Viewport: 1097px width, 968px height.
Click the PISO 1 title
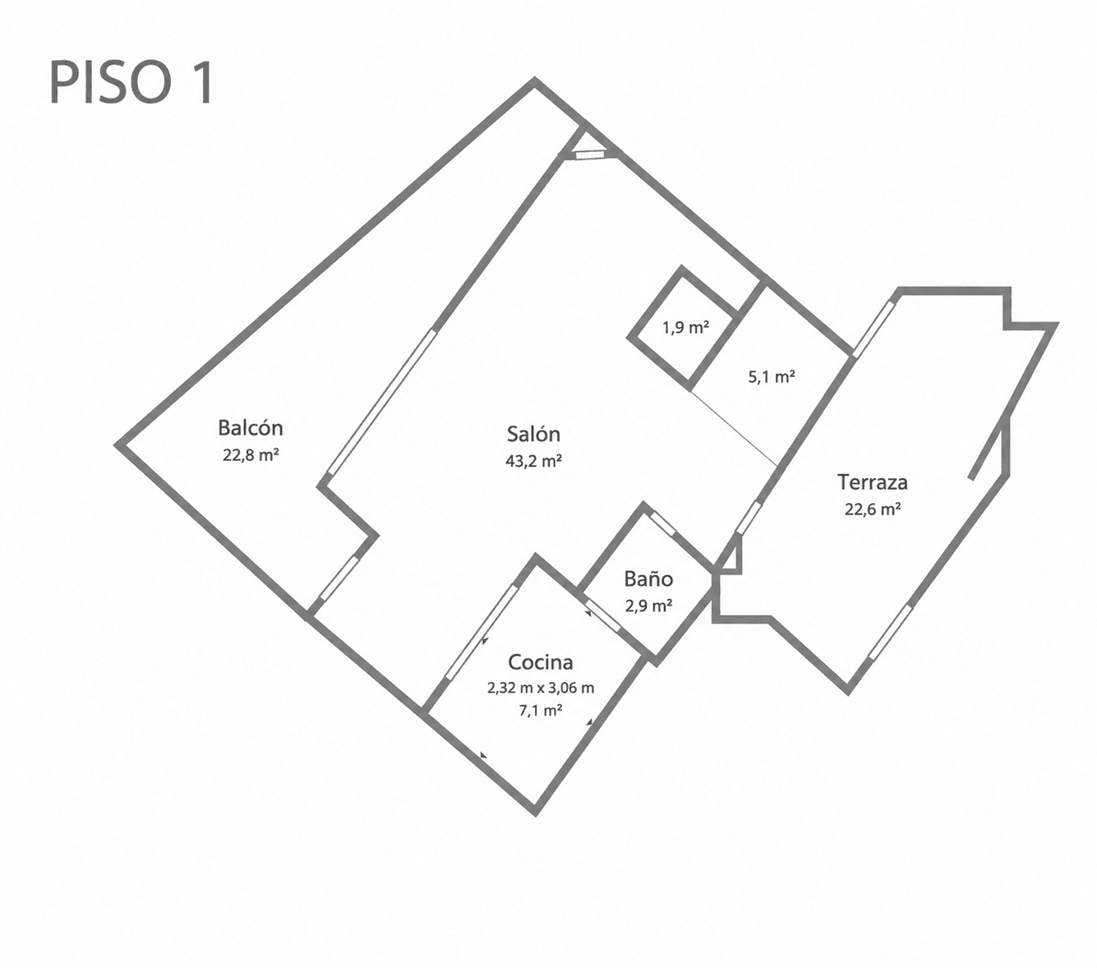[x=131, y=83]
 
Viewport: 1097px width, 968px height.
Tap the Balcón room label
[x=250, y=427]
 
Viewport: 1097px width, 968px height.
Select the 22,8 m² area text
[x=250, y=454]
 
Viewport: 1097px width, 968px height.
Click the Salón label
[x=533, y=434]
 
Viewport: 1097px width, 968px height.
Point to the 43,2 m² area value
[x=533, y=461]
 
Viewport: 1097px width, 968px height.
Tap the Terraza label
[x=873, y=482]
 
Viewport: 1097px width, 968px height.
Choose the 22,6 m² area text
[x=873, y=509]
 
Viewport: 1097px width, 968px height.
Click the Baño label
[x=648, y=578]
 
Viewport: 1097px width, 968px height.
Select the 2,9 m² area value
[x=648, y=606]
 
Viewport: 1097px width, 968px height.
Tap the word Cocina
[x=541, y=661]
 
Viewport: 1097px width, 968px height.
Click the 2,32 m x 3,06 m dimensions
[x=541, y=688]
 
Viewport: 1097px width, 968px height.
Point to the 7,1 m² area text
[x=541, y=710]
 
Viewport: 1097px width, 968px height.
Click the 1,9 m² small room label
[x=685, y=327]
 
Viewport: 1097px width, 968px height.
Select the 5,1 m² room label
[x=771, y=377]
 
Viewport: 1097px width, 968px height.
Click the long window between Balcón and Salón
[x=381, y=402]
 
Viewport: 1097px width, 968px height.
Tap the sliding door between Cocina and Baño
[x=602, y=615]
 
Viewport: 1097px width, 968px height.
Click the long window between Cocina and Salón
[x=482, y=632]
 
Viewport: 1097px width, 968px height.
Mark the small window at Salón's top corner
[x=589, y=154]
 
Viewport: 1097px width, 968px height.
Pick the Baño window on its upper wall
[x=662, y=524]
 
